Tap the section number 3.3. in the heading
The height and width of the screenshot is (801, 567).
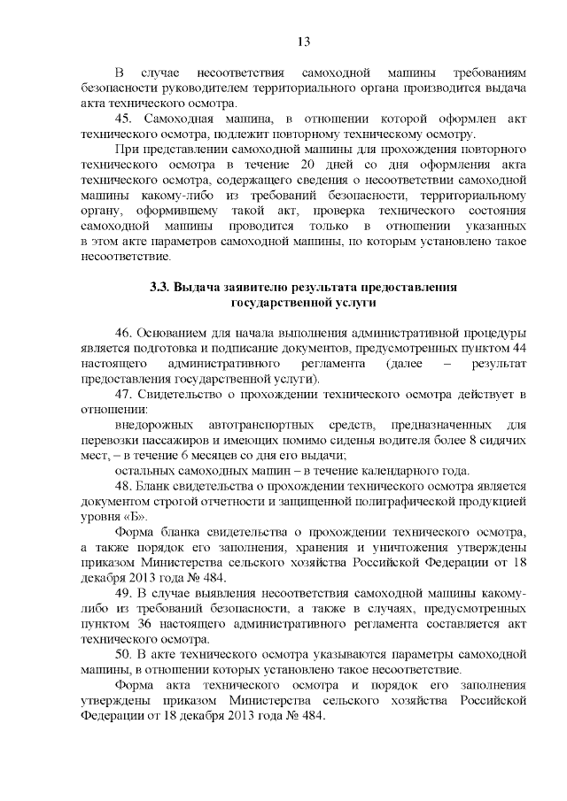tap(159, 289)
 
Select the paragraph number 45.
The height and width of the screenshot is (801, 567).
tap(125, 119)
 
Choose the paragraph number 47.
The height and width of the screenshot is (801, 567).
tap(124, 394)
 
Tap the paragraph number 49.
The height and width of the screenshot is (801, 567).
tap(124, 593)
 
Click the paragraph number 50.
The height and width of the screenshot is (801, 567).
tap(124, 654)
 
